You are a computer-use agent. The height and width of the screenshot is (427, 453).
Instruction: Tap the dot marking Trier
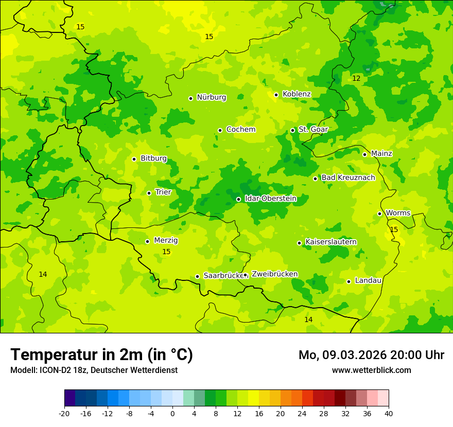tap(149, 193)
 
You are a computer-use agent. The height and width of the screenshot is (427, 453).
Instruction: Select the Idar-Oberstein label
tap(270, 199)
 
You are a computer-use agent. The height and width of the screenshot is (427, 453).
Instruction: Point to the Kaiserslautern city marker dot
tap(299, 243)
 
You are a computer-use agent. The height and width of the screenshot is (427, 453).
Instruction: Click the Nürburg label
tap(211, 97)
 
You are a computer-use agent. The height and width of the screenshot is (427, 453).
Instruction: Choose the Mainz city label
tap(381, 153)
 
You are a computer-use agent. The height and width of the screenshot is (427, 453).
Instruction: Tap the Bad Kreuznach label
tap(348, 177)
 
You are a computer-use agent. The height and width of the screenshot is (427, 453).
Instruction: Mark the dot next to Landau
tap(349, 281)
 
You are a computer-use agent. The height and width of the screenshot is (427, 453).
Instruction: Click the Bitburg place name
tap(153, 158)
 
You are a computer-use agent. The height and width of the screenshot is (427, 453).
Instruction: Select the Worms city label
tap(398, 213)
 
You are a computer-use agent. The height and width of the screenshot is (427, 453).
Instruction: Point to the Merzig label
tap(166, 240)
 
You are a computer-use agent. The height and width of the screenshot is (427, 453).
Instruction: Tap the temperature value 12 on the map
tap(356, 78)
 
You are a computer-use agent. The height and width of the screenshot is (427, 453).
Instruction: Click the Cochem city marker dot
tap(220, 130)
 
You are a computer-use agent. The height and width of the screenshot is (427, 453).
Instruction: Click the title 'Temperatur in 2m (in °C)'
tap(101, 354)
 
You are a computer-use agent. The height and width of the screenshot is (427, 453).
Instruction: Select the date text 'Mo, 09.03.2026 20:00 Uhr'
tap(371, 355)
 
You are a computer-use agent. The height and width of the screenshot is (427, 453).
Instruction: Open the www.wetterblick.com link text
tap(371, 370)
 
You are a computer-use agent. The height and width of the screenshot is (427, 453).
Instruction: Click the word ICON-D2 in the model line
tap(52, 370)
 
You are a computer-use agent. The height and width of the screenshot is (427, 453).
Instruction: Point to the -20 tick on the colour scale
tap(64, 413)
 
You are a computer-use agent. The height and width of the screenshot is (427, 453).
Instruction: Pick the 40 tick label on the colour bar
tap(389, 413)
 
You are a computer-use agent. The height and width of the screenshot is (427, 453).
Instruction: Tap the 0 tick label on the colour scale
tap(172, 413)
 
